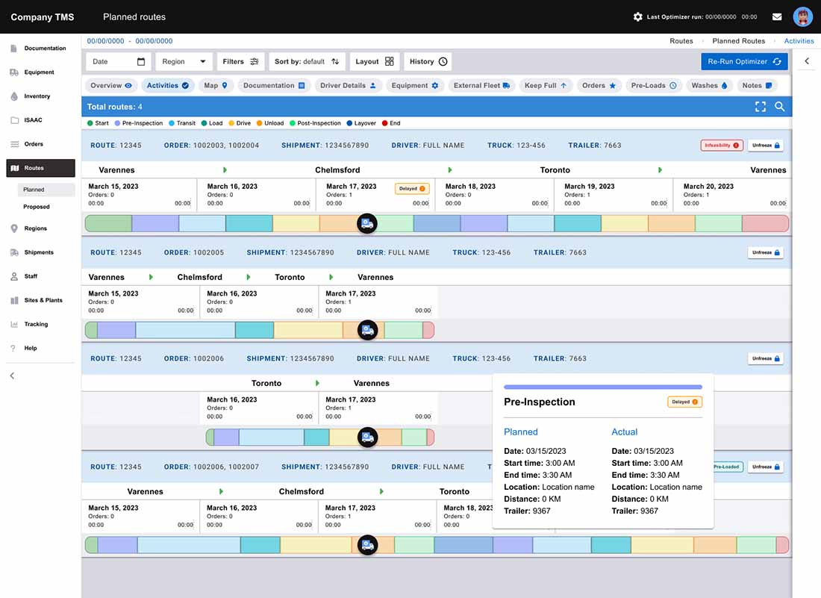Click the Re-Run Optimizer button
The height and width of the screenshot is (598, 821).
[x=744, y=62]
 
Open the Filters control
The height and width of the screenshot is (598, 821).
[x=240, y=62]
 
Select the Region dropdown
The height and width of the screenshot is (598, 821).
[x=184, y=62]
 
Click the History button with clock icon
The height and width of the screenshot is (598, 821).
[x=428, y=62]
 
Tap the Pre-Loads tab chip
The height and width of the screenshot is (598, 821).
[x=654, y=85]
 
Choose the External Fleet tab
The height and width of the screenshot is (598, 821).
[x=481, y=85]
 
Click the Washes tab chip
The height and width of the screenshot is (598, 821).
[x=709, y=85]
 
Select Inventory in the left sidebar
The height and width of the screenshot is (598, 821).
[x=37, y=96]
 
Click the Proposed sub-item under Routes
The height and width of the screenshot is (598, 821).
[x=37, y=207]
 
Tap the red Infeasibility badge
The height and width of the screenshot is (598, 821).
[x=722, y=145]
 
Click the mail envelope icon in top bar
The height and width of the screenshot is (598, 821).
[x=777, y=16]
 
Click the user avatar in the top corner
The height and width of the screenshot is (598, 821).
[x=802, y=16]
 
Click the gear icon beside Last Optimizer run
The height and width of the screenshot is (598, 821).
[x=637, y=16]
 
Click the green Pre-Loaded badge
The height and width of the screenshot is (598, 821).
[x=727, y=467]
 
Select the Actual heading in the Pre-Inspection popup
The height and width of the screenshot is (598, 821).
[x=624, y=432]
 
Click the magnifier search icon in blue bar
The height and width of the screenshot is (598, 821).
[x=780, y=107]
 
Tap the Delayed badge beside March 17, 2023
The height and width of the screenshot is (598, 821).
[x=412, y=189]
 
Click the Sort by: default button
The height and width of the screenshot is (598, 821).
[x=307, y=62]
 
